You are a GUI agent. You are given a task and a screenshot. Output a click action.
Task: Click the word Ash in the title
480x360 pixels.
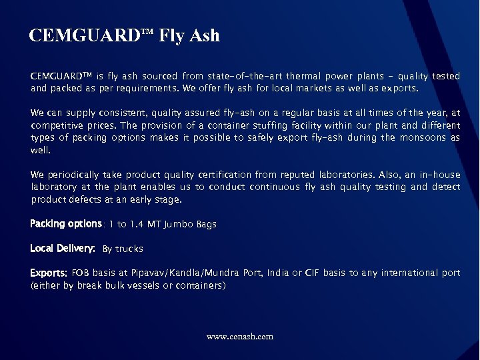pyautogui.click(x=204, y=35)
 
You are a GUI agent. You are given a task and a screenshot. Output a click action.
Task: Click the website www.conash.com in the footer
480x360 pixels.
pyautogui.click(x=240, y=337)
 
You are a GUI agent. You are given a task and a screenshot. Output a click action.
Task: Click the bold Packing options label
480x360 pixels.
pyautogui.click(x=65, y=224)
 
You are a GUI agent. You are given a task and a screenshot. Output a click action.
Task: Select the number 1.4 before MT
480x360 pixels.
pyautogui.click(x=155, y=225)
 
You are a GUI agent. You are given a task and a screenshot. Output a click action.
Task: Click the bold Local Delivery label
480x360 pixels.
pyautogui.click(x=63, y=249)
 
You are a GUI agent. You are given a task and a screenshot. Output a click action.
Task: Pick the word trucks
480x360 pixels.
pyautogui.click(x=129, y=249)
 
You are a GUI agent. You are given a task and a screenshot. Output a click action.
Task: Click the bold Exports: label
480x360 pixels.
pyautogui.click(x=48, y=273)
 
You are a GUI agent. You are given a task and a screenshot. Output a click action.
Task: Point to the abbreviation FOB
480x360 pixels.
pyautogui.click(x=81, y=273)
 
